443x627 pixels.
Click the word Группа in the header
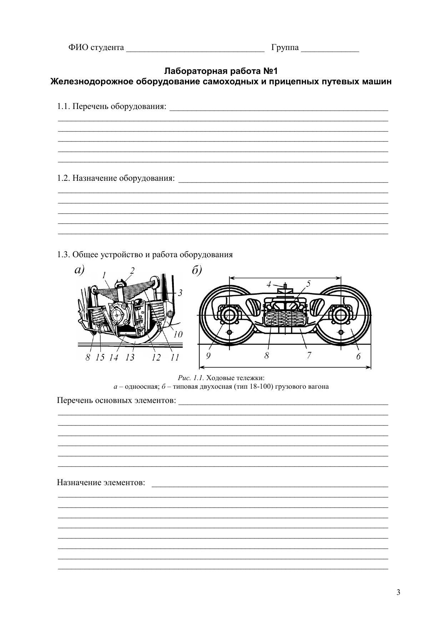tap(285, 48)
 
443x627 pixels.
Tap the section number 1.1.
tap(64, 106)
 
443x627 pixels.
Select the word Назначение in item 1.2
tap(94, 178)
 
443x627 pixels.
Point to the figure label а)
tap(79, 270)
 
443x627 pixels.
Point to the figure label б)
tap(197, 270)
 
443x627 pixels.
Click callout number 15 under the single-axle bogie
tap(100, 357)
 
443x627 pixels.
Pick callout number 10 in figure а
tap(178, 334)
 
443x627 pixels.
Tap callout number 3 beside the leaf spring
tap(180, 293)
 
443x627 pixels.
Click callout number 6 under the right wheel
tap(358, 356)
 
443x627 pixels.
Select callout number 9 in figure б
tap(208, 356)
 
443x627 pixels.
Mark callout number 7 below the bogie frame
tap(309, 355)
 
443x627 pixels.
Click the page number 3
tap(398, 592)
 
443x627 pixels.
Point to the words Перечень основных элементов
tap(116, 400)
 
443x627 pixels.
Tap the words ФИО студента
tap(96, 48)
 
